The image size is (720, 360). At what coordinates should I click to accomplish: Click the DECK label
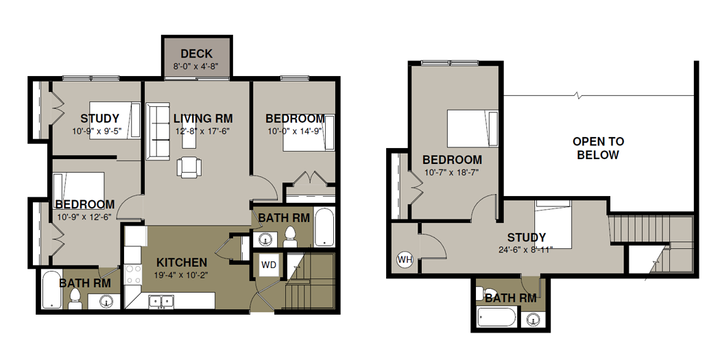[x=196, y=53]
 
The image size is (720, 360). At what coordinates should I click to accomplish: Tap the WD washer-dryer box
[x=269, y=265]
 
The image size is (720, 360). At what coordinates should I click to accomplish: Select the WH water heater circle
[x=405, y=260]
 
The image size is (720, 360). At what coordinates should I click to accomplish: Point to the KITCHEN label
[x=182, y=263]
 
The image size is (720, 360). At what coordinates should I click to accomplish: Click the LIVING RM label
[x=203, y=119]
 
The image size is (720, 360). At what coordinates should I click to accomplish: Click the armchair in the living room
[x=189, y=167]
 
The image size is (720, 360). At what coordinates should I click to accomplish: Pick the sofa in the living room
[x=158, y=130]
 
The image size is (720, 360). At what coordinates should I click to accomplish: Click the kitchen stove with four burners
[x=133, y=274]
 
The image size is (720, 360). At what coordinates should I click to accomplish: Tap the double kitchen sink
[x=162, y=302]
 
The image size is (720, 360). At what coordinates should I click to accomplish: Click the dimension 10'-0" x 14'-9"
[x=294, y=131]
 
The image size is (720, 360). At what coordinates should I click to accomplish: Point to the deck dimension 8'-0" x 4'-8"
[x=196, y=66]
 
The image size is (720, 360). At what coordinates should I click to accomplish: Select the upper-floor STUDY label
[x=527, y=237]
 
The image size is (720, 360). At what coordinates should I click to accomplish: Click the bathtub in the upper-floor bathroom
[x=497, y=317]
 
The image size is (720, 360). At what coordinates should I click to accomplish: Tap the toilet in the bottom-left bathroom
[x=75, y=299]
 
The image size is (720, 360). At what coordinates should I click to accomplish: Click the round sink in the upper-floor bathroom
[x=533, y=319]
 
